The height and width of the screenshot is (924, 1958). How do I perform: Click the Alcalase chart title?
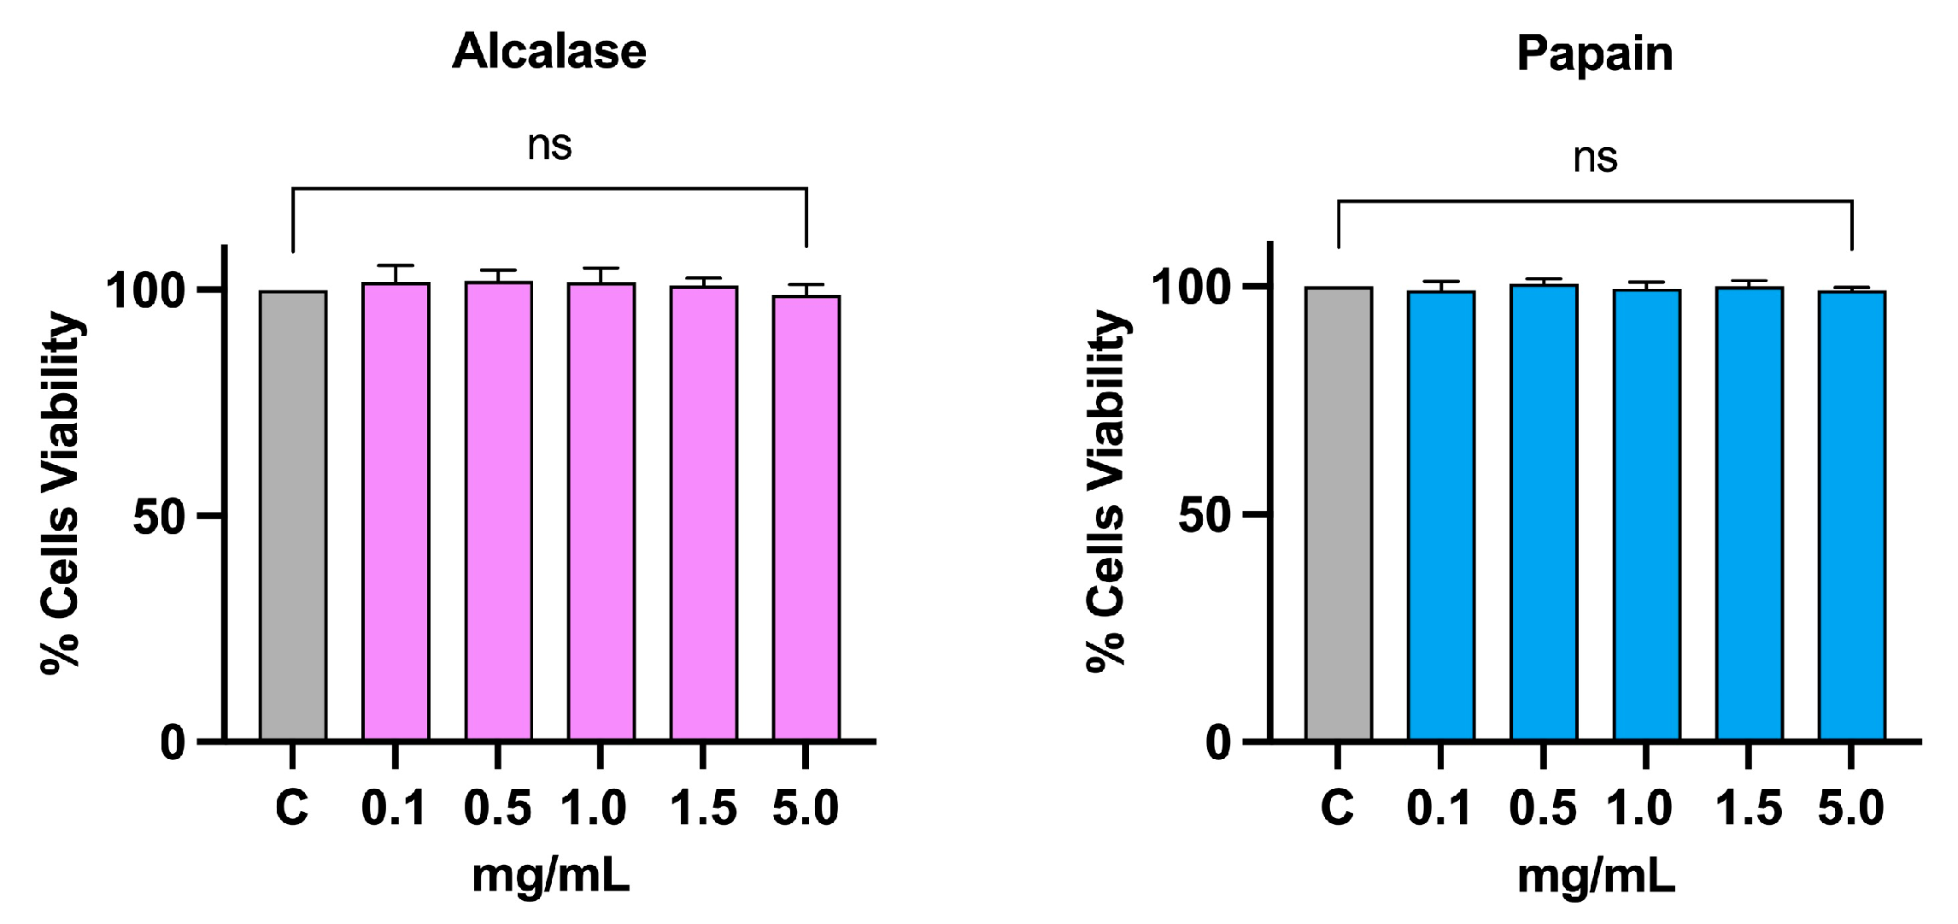(549, 52)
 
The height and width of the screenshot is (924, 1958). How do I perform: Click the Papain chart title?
(1594, 55)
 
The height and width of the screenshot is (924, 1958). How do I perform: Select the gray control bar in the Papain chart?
(1339, 513)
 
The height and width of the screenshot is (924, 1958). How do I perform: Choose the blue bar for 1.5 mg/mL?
(1749, 513)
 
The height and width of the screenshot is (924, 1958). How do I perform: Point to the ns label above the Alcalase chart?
(549, 145)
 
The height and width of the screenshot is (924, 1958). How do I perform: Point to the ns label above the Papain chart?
(1595, 158)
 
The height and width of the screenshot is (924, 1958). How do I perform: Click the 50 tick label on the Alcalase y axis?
(159, 517)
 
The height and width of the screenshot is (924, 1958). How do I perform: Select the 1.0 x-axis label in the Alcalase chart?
(594, 808)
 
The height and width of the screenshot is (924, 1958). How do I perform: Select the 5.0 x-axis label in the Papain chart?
(1850, 808)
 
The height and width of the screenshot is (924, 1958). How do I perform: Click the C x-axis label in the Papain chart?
(1337, 808)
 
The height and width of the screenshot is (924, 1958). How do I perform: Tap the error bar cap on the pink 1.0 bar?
(601, 268)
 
